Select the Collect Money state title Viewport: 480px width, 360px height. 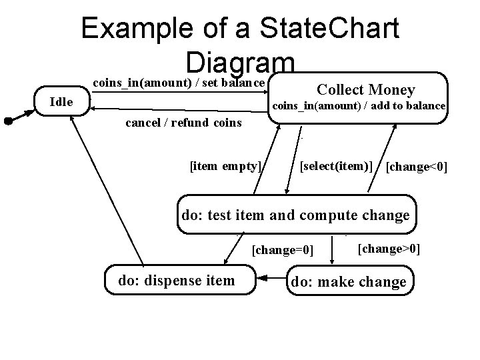point(365,89)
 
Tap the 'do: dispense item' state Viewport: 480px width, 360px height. point(177,281)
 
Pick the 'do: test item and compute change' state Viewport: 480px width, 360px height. point(296,215)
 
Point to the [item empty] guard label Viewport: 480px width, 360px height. point(225,165)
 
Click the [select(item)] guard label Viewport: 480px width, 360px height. point(336,165)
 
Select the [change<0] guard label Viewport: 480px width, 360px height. point(417,165)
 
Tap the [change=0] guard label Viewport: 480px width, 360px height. point(282,250)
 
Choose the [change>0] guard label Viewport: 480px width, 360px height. point(389,249)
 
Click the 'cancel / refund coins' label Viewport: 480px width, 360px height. point(183,123)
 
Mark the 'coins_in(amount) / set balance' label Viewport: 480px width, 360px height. point(179,83)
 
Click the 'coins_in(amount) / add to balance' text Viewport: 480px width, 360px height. point(359,106)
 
